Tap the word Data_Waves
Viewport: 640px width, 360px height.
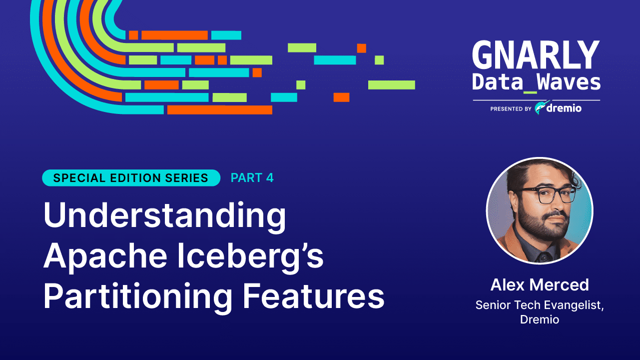point(536,82)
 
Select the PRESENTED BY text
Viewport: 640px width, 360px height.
point(511,108)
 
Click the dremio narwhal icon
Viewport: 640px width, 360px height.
point(540,107)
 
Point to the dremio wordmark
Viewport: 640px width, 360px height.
point(564,108)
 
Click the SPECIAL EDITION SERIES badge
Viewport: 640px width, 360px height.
point(131,178)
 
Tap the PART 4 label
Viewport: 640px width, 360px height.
point(252,178)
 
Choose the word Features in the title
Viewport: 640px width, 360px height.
point(314,297)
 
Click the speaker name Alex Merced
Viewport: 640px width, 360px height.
point(540,285)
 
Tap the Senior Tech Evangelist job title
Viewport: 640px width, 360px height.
point(540,305)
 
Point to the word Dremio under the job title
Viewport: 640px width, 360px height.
point(540,319)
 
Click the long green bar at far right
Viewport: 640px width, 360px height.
point(391,85)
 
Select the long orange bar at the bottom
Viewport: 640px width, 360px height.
point(219,109)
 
